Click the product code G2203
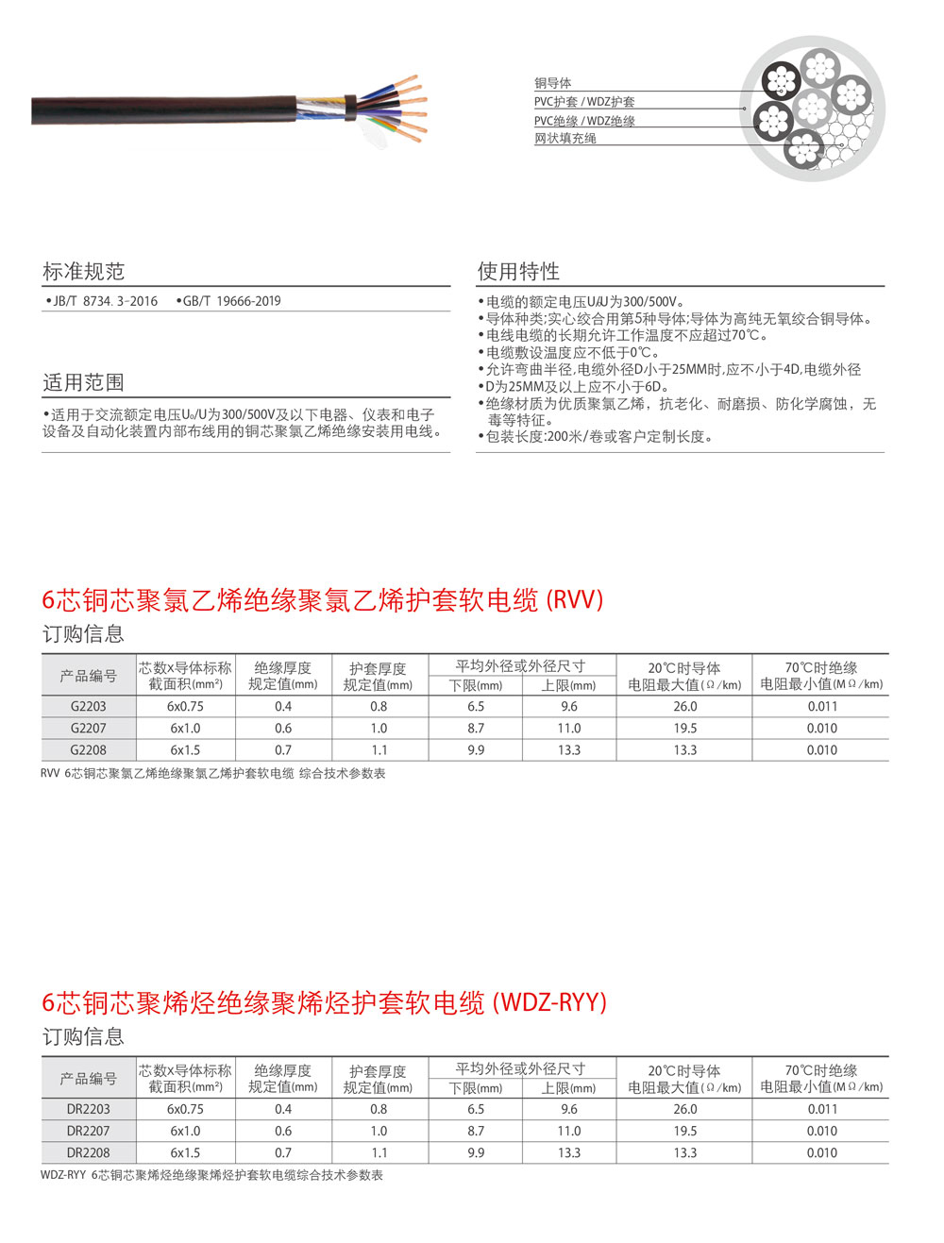pyautogui.click(x=89, y=706)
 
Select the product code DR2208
pyautogui.click(x=89, y=1152)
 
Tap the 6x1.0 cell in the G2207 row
pyautogui.click(x=185, y=728)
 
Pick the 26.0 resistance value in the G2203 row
pyautogui.click(x=685, y=706)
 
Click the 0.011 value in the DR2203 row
pyautogui.click(x=821, y=1109)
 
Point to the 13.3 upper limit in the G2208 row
pyautogui.click(x=569, y=749)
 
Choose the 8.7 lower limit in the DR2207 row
pyautogui.click(x=476, y=1131)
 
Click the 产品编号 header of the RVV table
pyautogui.click(x=89, y=676)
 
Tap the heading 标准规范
pyautogui.click(x=83, y=272)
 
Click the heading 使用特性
pyautogui.click(x=518, y=272)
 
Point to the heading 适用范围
pyautogui.click(x=83, y=382)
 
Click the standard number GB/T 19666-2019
pyautogui.click(x=231, y=301)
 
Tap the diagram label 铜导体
pyautogui.click(x=553, y=83)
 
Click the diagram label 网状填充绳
pyautogui.click(x=565, y=138)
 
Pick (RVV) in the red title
pyautogui.click(x=575, y=599)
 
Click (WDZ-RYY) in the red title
pyautogui.click(x=550, y=1002)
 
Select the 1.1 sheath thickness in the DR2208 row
pyautogui.click(x=379, y=1152)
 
